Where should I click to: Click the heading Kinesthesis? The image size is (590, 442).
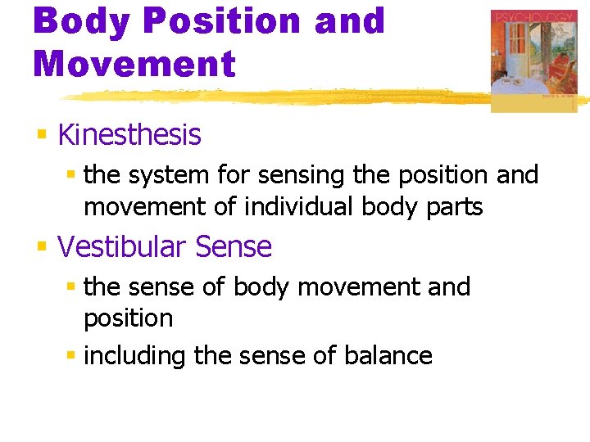[x=129, y=135]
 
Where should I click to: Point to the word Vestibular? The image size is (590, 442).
[x=125, y=246]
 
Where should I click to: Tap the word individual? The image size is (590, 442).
[x=295, y=207]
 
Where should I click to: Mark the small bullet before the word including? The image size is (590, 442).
[x=71, y=356]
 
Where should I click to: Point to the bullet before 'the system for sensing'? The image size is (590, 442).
[x=71, y=175]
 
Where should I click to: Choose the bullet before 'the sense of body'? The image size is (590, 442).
[x=71, y=287]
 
